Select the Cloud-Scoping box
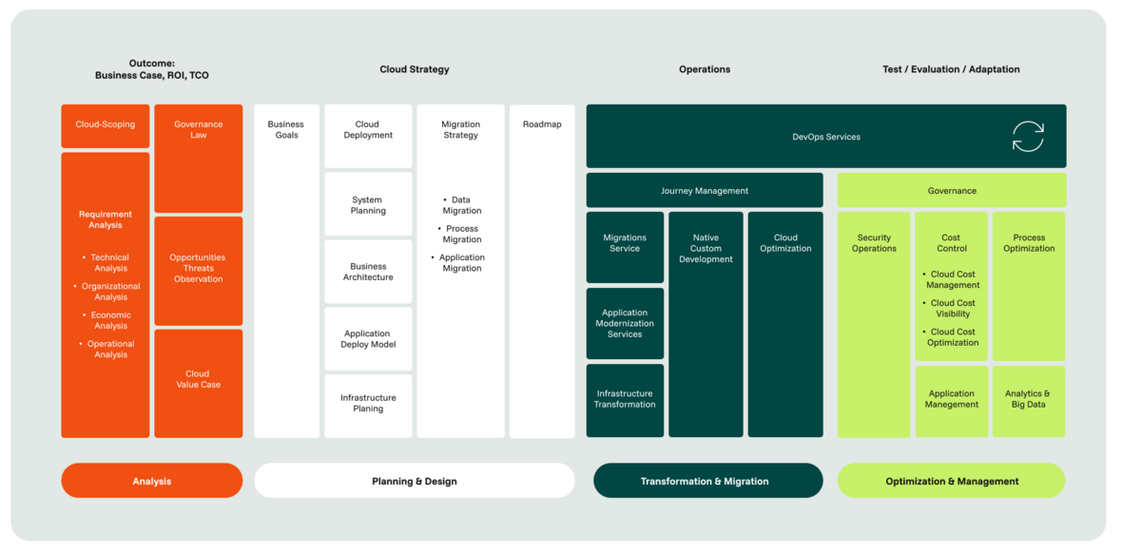pos(106,126)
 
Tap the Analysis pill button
pos(152,481)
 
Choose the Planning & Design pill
pos(415,481)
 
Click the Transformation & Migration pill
pos(708,481)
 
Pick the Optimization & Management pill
pos(952,481)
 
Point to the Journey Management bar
pos(705,190)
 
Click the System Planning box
pos(368,204)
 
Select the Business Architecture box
pos(368,272)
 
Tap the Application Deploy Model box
pos(368,339)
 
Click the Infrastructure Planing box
pos(368,406)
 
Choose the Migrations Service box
pos(625,247)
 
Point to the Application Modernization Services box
pos(625,324)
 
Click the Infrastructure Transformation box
pos(625,401)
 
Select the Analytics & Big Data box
pos(1029,402)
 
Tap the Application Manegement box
pos(952,402)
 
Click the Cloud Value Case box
pos(199,384)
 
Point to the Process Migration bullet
pos(460,234)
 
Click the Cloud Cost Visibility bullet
pos(950,309)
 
